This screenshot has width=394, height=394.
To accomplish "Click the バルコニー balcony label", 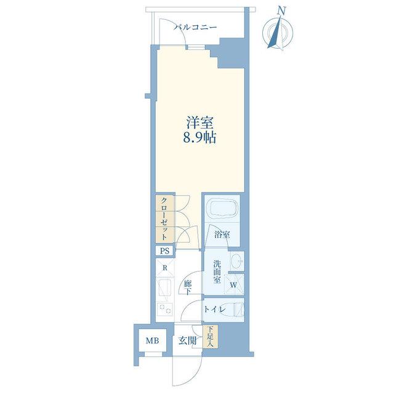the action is pos(196,27).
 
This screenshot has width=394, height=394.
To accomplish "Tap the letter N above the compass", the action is pos(282,10).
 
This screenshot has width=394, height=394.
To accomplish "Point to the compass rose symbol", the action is pos(278,33).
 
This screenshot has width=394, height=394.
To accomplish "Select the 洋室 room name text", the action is pos(199,123).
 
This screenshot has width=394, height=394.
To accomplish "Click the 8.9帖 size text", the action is pos(199,137).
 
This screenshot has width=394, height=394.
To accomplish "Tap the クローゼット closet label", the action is pos(164,219).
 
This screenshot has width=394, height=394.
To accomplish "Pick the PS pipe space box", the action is pos(164,251).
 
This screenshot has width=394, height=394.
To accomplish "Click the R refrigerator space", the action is pos(165,268).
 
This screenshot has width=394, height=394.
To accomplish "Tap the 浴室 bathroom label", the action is pos(222,235).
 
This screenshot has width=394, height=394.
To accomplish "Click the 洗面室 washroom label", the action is pos(217,272).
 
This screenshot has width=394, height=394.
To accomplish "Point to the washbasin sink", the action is pos(237,261).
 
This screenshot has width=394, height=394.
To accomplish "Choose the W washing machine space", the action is pos(234,284).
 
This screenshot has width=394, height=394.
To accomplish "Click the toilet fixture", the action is pos(239,310).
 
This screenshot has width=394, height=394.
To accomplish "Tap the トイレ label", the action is pos(215,310).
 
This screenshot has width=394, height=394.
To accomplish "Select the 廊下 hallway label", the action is pos(188,288).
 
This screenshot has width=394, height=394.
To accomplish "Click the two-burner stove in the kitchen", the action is pos(164,309).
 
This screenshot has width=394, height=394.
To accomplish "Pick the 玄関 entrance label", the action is pos(187,341).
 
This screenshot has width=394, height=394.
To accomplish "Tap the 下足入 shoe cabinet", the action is pos(211,337).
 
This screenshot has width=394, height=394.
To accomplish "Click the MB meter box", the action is pos(153,340).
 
